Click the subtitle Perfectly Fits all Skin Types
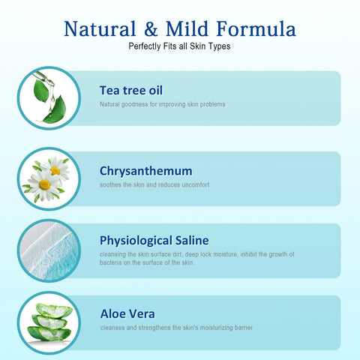180,47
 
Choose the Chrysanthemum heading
145,170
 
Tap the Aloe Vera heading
127,313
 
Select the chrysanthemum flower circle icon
49,178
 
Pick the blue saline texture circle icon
49,250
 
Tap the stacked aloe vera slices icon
49,322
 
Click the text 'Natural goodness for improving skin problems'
162,104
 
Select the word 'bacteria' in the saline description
111,262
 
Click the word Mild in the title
194,29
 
